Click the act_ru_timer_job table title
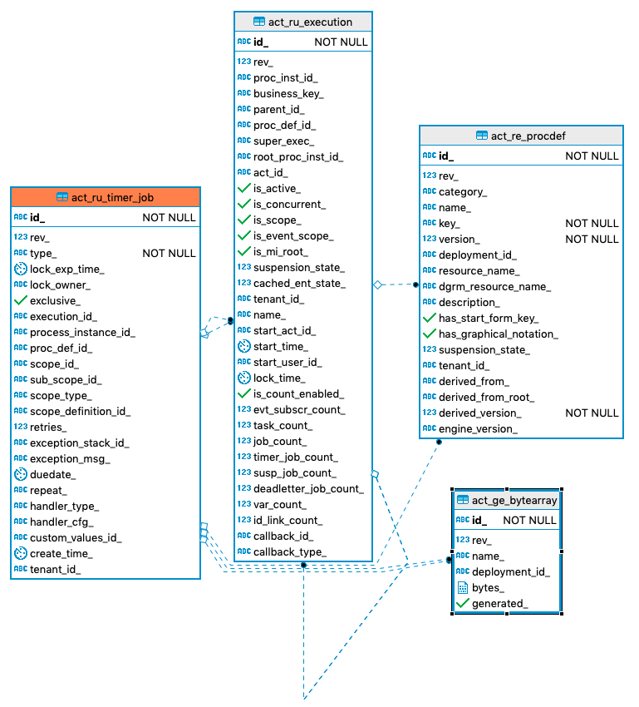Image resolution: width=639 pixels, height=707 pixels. coord(112,197)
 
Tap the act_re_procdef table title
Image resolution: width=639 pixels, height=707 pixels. coord(528,136)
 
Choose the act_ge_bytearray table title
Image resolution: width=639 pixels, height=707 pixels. coord(514,500)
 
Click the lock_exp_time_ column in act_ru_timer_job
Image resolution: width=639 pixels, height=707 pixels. coord(66,269)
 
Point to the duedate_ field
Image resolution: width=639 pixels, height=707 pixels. coord(53,475)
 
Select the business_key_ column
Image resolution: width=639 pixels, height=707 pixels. coord(288,94)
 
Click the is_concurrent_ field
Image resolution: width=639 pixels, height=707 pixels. coord(289,205)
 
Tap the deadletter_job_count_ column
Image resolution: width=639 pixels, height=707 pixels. coord(308,489)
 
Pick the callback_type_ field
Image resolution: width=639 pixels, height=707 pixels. coord(289,552)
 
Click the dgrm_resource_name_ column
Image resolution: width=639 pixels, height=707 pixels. coord(494,287)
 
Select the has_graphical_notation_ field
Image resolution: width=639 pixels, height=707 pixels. coord(498,334)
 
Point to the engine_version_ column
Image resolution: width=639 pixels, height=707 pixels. coord(478,429)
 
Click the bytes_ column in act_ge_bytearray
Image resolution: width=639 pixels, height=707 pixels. coord(489,588)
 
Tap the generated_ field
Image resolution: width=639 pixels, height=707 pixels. coord(499,604)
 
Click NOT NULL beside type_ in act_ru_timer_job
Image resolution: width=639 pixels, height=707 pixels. coord(169,254)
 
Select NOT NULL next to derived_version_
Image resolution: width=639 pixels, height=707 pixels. coord(592,413)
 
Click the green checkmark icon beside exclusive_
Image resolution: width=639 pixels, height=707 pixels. coord(21,301)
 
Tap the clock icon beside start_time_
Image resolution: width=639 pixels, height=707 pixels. coord(244,347)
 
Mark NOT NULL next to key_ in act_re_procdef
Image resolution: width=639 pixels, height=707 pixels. coord(592,224)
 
